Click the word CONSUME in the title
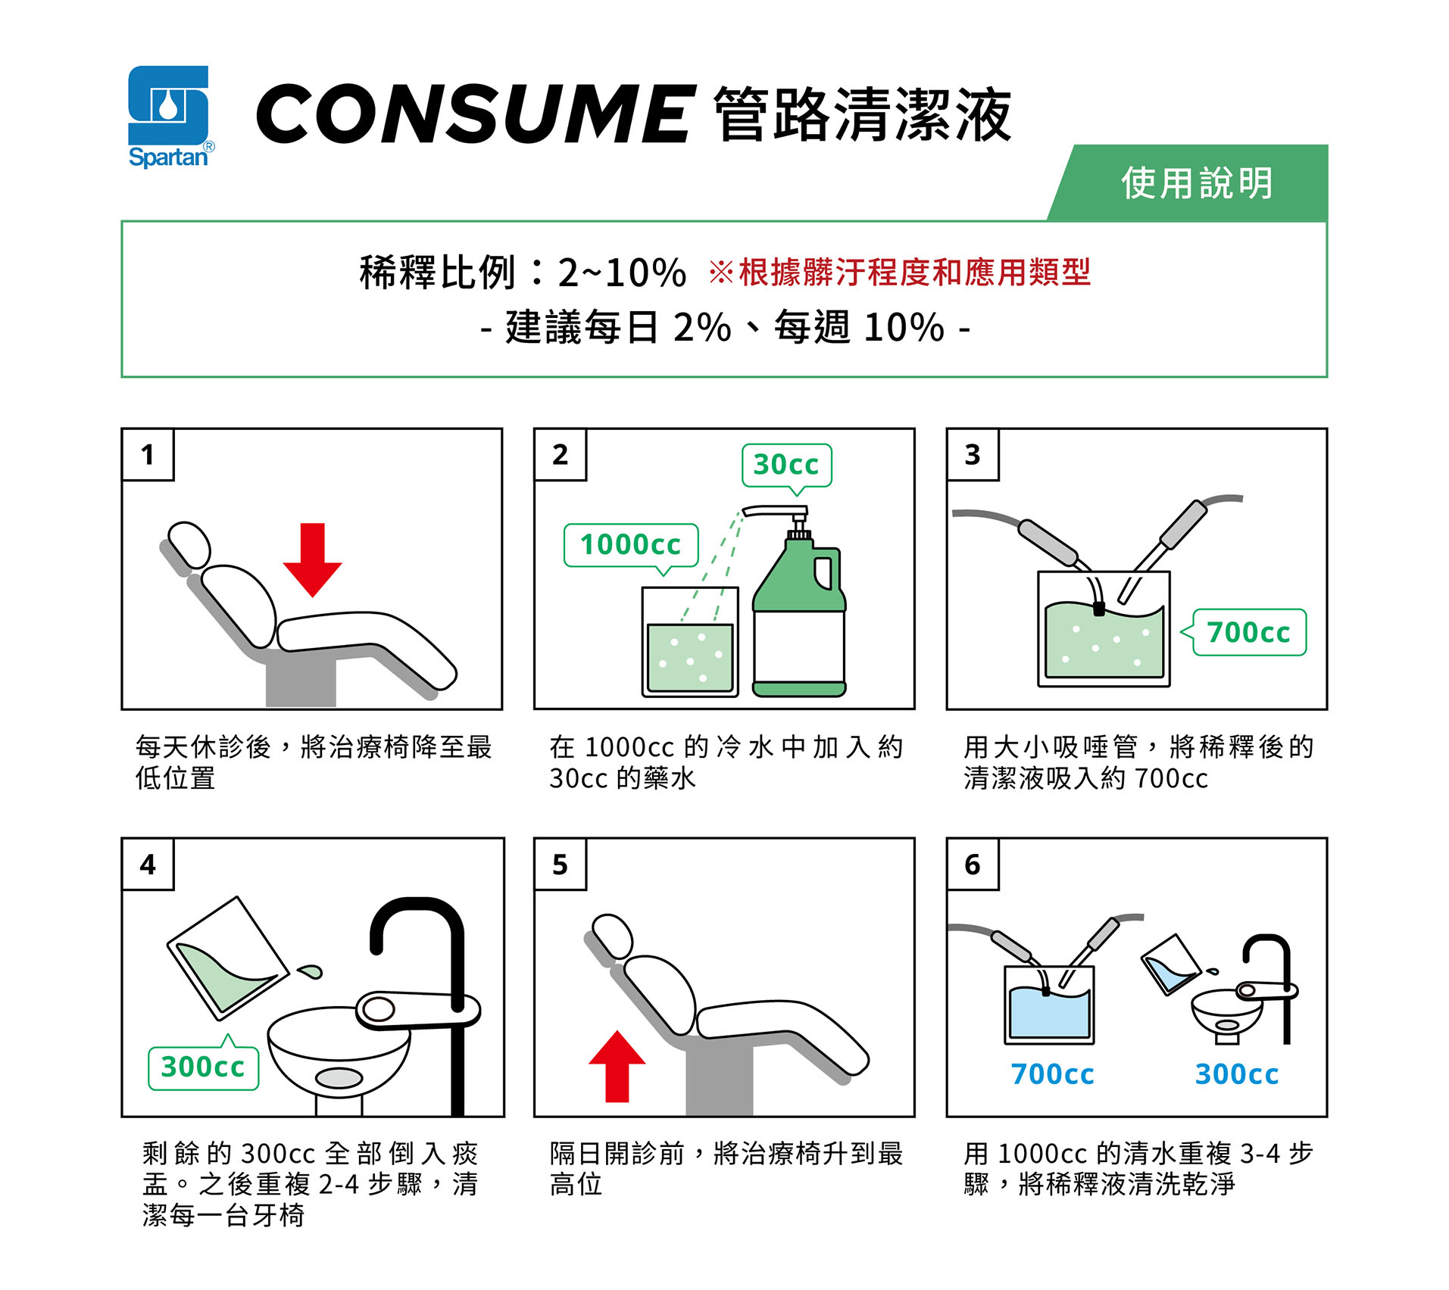476,114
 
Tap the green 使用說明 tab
1188,183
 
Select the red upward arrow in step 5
617,1066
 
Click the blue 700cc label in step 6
1052,1074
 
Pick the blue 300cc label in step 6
1237,1074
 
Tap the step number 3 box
973,454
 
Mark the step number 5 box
561,864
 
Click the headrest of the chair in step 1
189,544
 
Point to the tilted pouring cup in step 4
228,958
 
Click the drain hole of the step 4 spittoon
339,1077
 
